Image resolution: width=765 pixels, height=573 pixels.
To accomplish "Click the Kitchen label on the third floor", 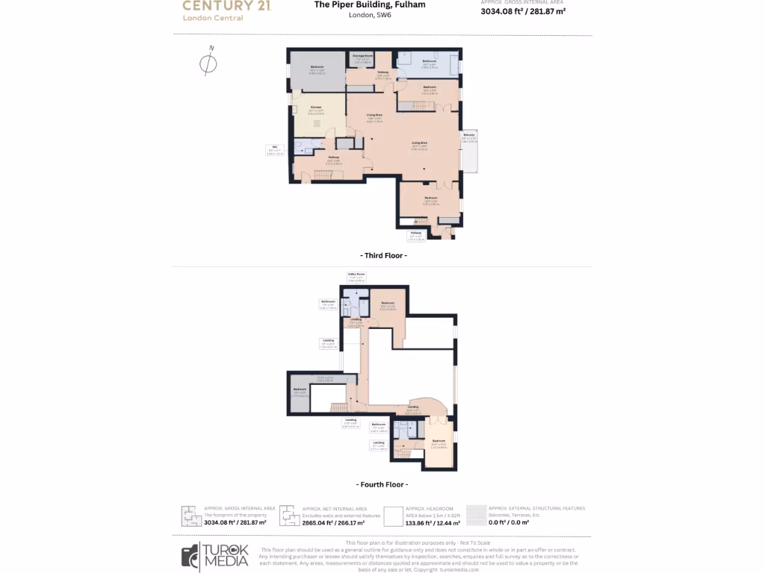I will (316, 109).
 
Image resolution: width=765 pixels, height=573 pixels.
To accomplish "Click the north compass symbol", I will (208, 63).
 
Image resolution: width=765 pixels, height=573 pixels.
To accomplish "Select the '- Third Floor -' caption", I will (383, 255).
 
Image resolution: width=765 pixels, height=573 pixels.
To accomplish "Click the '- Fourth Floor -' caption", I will (382, 484).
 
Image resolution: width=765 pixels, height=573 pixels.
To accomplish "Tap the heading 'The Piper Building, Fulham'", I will (370, 4).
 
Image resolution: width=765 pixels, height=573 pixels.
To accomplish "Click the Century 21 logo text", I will (226, 6).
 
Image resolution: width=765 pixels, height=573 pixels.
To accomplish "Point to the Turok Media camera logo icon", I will (191, 556).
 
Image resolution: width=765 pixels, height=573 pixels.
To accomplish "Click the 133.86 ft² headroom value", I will (433, 523).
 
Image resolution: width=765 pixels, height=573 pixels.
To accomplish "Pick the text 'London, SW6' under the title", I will (370, 15).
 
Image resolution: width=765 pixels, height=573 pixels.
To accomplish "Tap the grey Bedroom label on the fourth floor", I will (300, 391).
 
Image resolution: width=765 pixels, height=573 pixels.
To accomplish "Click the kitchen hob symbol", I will (316, 124).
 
